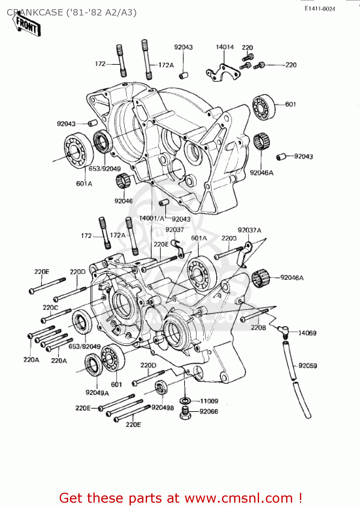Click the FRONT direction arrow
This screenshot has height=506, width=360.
(x=27, y=25)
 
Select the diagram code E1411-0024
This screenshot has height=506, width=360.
(x=320, y=9)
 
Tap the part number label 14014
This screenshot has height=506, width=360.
(x=225, y=47)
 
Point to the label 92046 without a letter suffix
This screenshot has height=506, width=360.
(x=123, y=201)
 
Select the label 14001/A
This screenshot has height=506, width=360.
(x=151, y=218)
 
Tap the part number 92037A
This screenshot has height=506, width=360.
(x=249, y=230)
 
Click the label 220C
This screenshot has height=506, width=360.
(x=50, y=307)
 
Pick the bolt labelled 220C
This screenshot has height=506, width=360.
(x=56, y=315)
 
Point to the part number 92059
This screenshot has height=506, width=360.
(x=307, y=366)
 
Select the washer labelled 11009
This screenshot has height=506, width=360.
(x=185, y=401)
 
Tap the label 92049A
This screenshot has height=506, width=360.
(x=97, y=392)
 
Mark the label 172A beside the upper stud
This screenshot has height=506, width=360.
(x=166, y=65)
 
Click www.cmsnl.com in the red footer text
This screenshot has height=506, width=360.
(x=239, y=498)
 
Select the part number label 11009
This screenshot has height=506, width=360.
(x=209, y=401)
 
